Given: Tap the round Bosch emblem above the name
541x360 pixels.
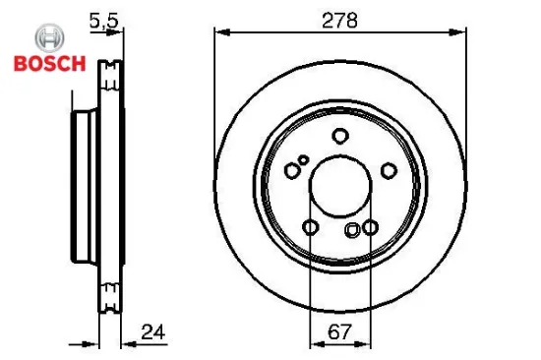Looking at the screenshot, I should point(49,38).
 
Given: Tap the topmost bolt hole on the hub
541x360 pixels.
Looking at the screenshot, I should point(340,137).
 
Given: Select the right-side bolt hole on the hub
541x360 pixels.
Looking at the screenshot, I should point(389,171).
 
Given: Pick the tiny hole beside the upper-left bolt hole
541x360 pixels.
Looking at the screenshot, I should point(304,160).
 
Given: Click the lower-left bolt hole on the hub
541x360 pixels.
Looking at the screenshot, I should point(311,228).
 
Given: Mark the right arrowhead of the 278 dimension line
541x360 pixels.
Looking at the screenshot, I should point(460,33).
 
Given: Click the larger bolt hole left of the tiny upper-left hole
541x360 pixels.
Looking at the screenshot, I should point(292,170).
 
